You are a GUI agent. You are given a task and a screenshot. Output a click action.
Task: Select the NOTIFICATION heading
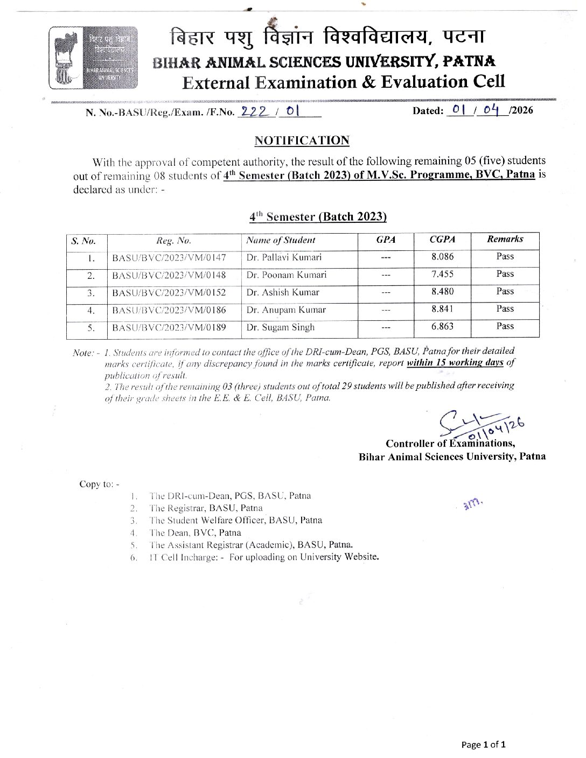pyautogui.click(x=302, y=141)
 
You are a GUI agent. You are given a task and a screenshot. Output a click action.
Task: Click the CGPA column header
pyautogui.click(x=442, y=240)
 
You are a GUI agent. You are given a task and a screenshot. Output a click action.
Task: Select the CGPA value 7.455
pyautogui.click(x=442, y=274)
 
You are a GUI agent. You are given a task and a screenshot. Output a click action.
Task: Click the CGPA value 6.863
pyautogui.click(x=442, y=326)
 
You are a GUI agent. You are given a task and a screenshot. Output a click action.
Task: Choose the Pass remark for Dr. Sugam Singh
pyautogui.click(x=505, y=326)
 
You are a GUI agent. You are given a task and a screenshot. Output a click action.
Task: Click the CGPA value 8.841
pyautogui.click(x=442, y=309)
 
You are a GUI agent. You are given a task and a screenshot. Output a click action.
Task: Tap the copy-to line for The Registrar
pyautogui.click(x=206, y=508)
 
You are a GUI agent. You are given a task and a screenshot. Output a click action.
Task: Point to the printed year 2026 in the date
pyautogui.click(x=522, y=111)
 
